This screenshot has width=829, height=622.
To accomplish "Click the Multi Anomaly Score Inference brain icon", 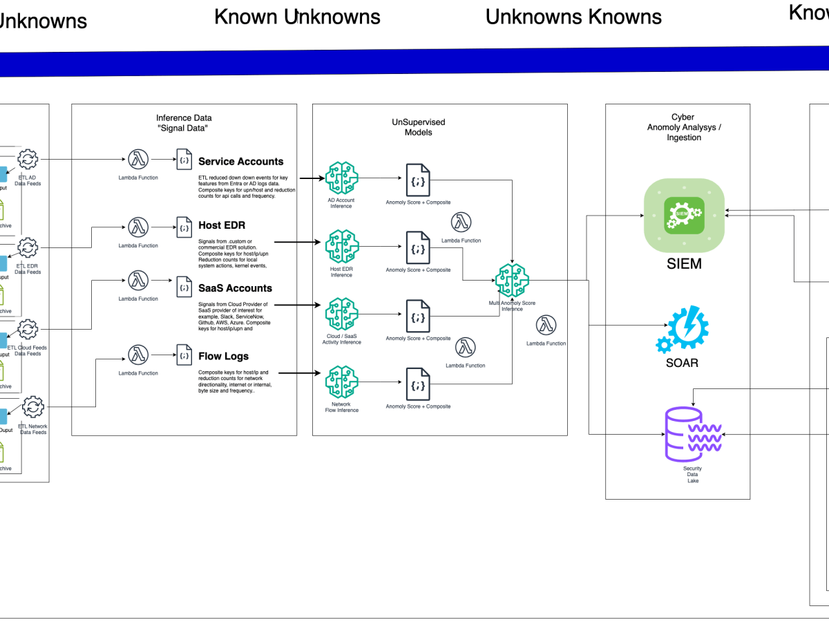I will point(511,280).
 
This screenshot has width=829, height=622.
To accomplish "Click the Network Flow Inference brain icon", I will point(341,382).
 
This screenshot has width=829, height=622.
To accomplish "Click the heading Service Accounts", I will point(240,162).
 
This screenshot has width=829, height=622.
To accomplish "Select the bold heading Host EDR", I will point(222,225).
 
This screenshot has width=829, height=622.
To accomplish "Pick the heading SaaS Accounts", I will point(235,288).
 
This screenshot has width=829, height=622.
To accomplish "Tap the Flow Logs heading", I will point(222,357).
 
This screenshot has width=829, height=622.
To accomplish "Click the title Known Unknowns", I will point(297,17).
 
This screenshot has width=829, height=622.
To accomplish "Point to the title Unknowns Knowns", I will point(573,17).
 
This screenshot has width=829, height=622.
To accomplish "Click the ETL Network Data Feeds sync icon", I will point(33,407).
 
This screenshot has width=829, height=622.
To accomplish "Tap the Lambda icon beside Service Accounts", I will point(137,160).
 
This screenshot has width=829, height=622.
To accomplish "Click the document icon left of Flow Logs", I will point(184,355).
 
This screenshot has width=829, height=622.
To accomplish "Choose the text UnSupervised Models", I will point(419,127).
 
